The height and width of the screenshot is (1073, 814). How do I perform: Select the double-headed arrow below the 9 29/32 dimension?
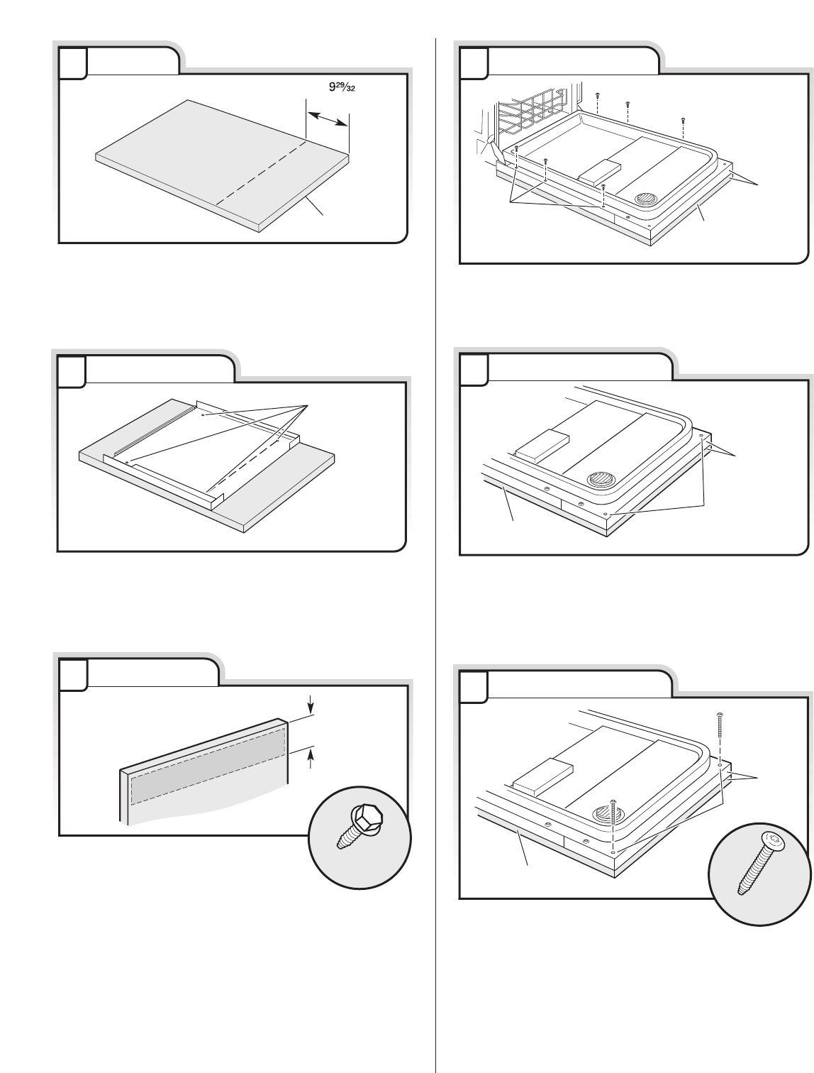tap(327, 114)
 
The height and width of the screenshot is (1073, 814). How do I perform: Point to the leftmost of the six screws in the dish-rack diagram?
tap(518, 148)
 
